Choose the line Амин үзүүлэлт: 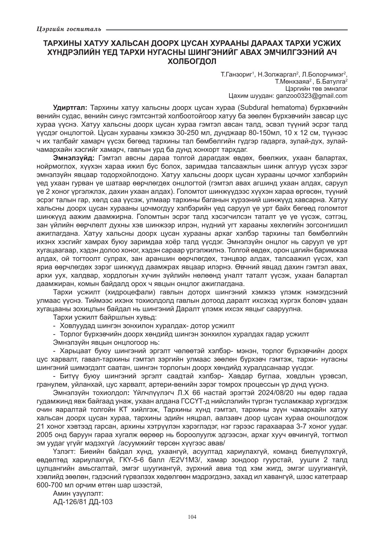(x=78, y=494)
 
